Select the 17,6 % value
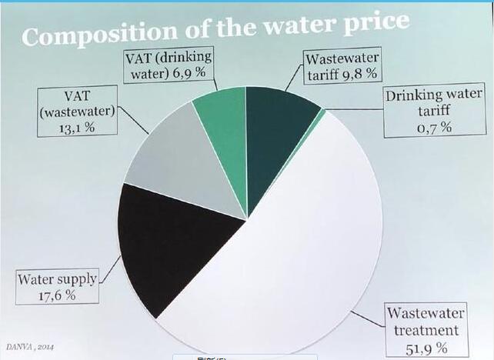[57, 295]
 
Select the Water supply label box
[58, 287]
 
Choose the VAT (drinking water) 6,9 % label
[169, 68]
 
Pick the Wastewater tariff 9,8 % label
[342, 67]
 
